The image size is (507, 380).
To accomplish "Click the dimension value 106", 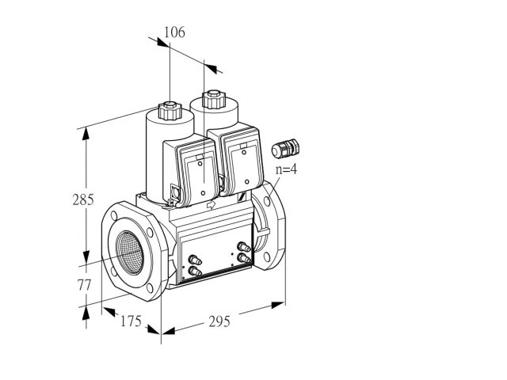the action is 174,32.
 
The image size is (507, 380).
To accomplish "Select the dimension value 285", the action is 83,199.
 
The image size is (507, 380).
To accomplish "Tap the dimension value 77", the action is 84,285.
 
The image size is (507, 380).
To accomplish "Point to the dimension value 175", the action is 131,321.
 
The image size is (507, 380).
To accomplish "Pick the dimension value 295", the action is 219,321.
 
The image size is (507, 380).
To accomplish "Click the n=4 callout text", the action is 286,169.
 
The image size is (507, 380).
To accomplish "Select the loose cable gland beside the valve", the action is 285,148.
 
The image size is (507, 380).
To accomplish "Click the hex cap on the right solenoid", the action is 213,98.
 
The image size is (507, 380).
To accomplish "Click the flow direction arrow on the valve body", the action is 211,204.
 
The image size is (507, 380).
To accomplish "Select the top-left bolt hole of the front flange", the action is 114,215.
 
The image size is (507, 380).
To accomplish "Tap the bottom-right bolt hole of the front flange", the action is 150,287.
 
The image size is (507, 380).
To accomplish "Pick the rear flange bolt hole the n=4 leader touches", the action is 267,201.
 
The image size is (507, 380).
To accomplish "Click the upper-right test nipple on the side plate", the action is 244,247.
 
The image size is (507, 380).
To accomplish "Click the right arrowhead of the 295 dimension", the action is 278,305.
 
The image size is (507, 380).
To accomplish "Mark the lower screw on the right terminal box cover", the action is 246,182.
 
